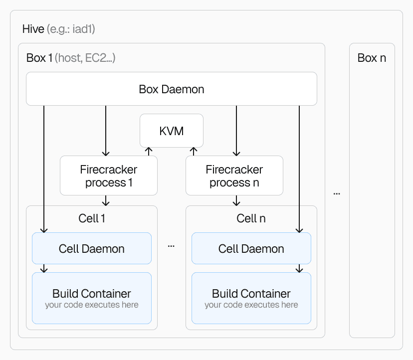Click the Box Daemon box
[x=171, y=89]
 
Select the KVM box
[x=171, y=131]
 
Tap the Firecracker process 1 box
[x=108, y=176]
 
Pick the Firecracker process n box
[x=234, y=176]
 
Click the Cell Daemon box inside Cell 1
[x=91, y=248]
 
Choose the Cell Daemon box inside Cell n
[x=251, y=248]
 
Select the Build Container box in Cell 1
[x=91, y=298]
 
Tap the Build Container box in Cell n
[x=251, y=298]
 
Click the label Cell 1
[x=92, y=218]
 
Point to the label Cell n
[x=251, y=218]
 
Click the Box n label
[x=372, y=58]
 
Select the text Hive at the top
[x=33, y=29]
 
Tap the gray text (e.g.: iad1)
[x=71, y=29]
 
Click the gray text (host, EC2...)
[x=85, y=58]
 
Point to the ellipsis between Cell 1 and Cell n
[x=171, y=246]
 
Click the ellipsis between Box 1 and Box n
[x=337, y=193]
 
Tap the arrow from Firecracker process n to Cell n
[x=236, y=200]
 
